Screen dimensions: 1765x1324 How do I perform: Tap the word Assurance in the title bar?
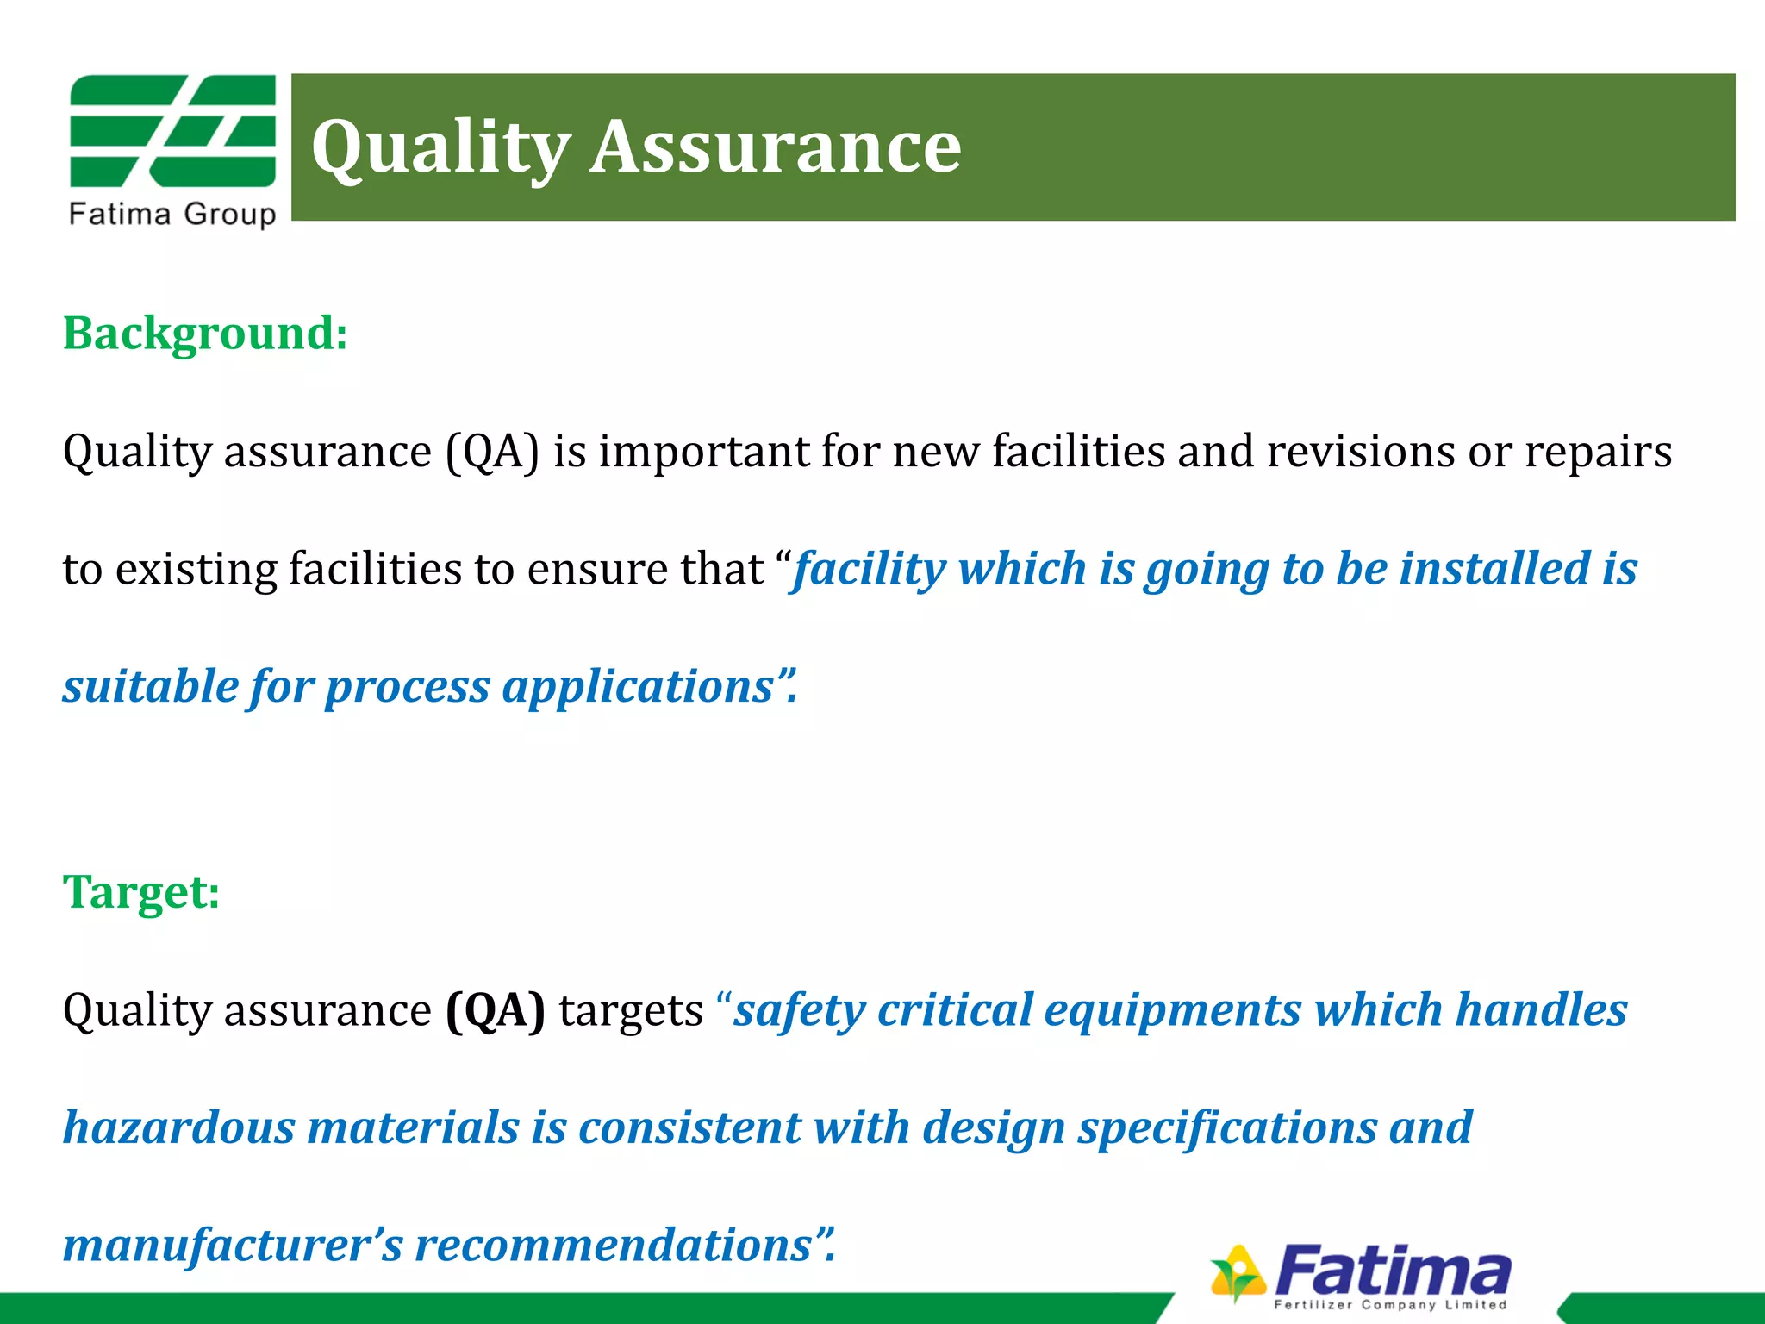point(775,147)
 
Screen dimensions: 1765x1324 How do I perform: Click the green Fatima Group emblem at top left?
point(172,131)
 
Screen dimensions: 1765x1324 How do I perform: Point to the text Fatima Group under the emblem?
point(172,215)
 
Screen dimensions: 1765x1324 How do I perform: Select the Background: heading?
point(205,333)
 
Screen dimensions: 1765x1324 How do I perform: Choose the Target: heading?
point(141,891)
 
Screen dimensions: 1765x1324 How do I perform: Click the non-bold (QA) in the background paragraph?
point(493,452)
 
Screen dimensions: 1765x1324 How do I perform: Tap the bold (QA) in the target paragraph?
point(496,1010)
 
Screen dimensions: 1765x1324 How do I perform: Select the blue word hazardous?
point(179,1127)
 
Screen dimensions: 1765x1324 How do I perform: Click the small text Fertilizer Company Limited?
point(1391,1304)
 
